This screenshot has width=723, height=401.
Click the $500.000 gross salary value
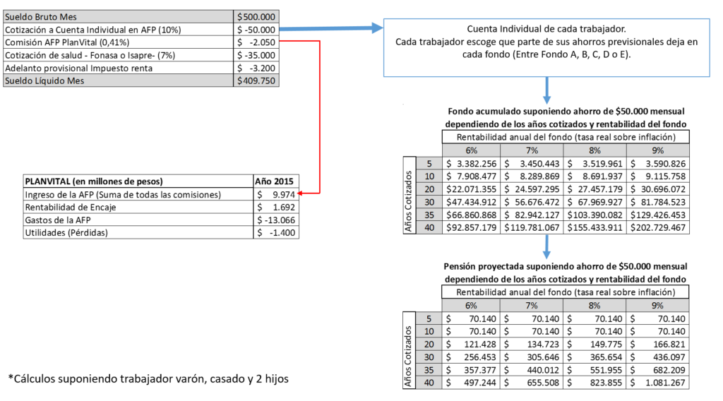(x=256, y=17)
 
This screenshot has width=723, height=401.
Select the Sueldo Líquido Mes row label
(x=44, y=80)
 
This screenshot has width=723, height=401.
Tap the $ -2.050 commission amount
(x=256, y=42)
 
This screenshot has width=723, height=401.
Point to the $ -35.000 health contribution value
(x=256, y=55)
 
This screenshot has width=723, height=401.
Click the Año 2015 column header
(x=275, y=181)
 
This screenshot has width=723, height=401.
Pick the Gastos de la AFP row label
(x=58, y=220)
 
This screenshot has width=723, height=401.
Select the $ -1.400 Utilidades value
(x=276, y=233)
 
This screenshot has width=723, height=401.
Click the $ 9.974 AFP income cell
(x=276, y=195)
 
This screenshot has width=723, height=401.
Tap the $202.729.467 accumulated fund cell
(x=658, y=228)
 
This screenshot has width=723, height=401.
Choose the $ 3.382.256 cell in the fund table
(x=471, y=164)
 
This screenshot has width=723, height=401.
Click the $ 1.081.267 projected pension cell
(x=658, y=383)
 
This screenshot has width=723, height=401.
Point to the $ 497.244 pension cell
(x=471, y=383)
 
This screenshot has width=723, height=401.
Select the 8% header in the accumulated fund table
(x=594, y=150)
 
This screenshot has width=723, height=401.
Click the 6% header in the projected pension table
(x=471, y=306)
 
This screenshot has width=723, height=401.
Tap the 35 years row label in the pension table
(x=429, y=370)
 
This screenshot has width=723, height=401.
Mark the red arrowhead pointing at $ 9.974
(x=300, y=193)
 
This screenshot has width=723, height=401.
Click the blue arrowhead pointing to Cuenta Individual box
(x=377, y=28)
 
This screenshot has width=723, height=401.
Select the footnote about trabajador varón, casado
(x=148, y=379)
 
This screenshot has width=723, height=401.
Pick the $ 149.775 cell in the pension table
(x=594, y=345)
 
